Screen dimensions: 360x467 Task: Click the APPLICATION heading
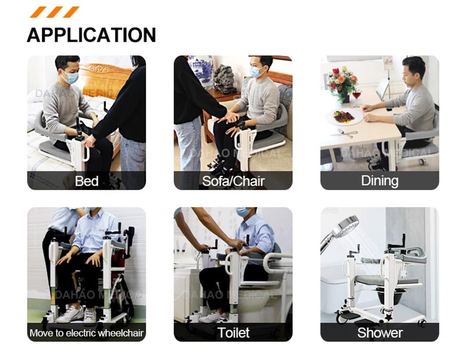pyautogui.click(x=91, y=35)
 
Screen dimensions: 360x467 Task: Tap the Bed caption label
pyautogui.click(x=86, y=181)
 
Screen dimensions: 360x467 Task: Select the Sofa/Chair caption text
pyautogui.click(x=233, y=181)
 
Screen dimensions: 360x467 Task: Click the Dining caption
pyautogui.click(x=379, y=181)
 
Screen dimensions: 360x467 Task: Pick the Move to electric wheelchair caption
pyautogui.click(x=86, y=333)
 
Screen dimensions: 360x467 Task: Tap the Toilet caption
pyautogui.click(x=233, y=333)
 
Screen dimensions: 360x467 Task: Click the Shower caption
pyautogui.click(x=380, y=333)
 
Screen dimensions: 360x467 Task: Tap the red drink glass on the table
pyautogui.click(x=357, y=96)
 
